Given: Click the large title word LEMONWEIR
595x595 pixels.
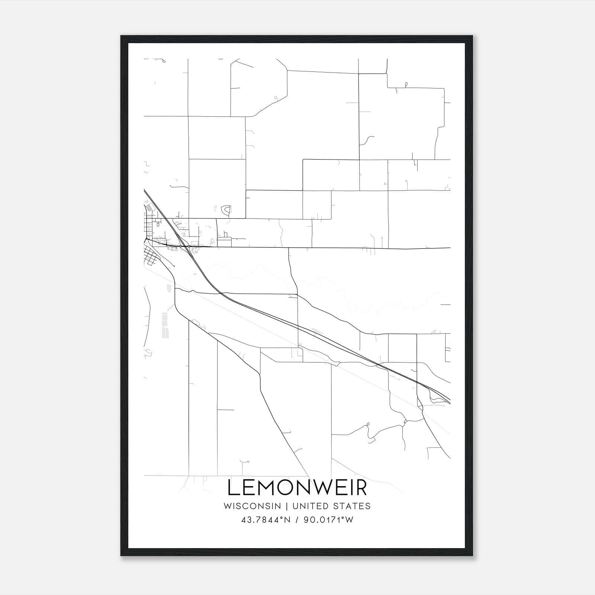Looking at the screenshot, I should (x=297, y=488).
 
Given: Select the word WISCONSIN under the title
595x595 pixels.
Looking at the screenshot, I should (x=252, y=506).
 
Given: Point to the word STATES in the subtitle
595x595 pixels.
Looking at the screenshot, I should (x=351, y=506).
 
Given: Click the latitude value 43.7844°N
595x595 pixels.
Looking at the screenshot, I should (x=266, y=520).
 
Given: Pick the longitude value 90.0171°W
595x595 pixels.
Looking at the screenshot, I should (x=329, y=520).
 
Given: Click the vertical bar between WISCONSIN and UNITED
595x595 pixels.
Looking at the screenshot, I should (x=287, y=506).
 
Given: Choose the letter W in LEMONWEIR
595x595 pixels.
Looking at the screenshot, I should (x=323, y=488).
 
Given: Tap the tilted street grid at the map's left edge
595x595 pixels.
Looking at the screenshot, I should (x=151, y=257).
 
